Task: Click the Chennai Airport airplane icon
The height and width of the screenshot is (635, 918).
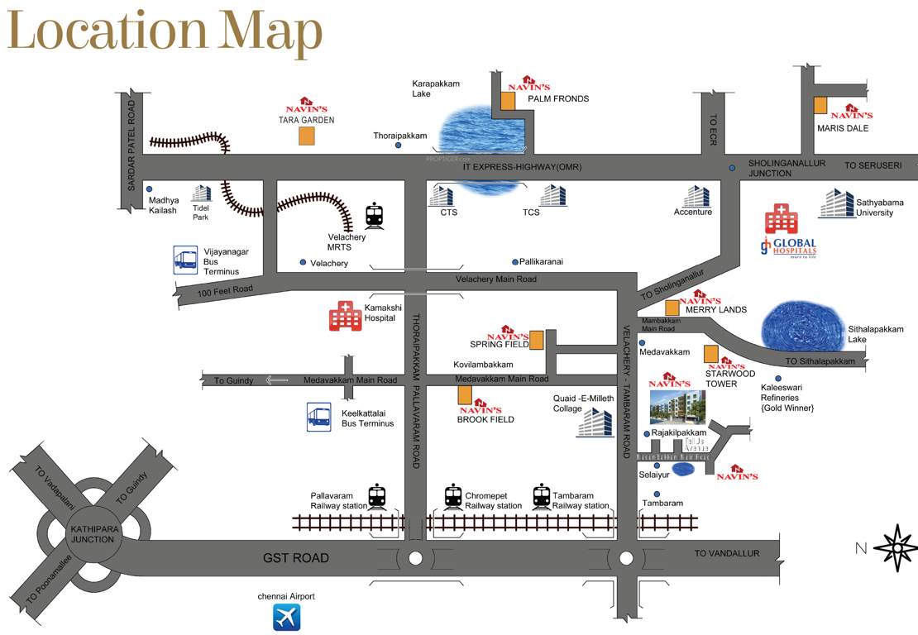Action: coord(286,617)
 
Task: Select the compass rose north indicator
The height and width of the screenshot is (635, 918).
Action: coord(895,547)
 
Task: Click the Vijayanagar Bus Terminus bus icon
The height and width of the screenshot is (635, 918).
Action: coord(184,260)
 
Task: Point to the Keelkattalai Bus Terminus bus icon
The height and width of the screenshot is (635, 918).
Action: coord(319,416)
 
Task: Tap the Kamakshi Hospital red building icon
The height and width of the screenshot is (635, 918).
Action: coord(344,316)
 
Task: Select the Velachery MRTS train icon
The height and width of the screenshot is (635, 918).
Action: coord(375,216)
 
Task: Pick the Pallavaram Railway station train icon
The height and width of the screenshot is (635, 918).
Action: coord(376,496)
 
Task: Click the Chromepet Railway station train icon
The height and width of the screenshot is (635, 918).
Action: coord(452,496)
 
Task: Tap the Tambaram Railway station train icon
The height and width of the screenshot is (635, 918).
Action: coord(541,496)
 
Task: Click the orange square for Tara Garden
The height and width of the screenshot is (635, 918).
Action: coord(306,136)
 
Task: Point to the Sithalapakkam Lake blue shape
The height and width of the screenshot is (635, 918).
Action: coord(801,324)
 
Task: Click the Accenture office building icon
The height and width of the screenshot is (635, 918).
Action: coord(696,196)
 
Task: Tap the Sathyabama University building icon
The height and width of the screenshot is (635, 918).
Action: coord(837,203)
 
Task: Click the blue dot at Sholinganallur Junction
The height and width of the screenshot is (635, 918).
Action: coord(732,168)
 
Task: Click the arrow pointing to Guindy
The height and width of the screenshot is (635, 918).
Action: coord(276,380)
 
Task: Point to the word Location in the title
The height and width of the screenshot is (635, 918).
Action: coord(108,33)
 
